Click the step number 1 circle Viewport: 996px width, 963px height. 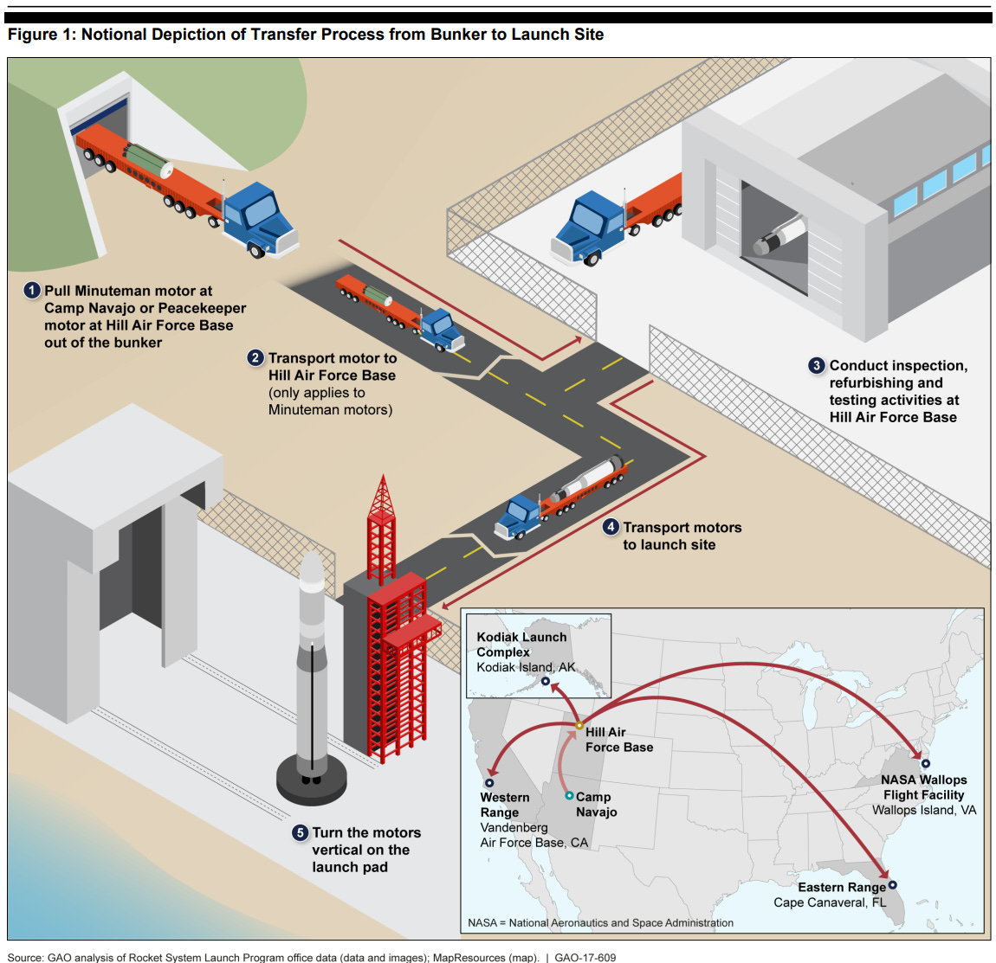32,291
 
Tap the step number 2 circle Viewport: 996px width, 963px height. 255,358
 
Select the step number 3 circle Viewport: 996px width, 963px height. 817,366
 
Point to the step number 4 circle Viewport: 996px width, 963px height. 611,527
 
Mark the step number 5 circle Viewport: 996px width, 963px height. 300,832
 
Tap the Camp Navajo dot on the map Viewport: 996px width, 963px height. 569,795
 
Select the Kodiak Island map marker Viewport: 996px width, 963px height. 546,681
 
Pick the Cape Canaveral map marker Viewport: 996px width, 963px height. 893,884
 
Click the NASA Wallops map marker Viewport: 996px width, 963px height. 926,764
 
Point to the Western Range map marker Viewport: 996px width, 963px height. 489,783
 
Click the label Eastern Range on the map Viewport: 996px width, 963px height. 841,887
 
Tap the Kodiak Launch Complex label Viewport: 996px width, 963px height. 521,645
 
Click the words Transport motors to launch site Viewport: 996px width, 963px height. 682,536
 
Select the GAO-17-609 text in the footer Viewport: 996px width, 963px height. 585,958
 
